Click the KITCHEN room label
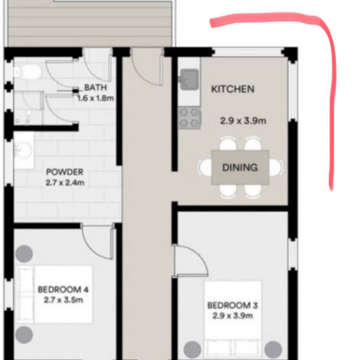point(232,89)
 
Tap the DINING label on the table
point(240,168)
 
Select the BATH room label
point(95,87)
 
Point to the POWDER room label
point(65,172)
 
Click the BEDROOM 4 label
point(63,290)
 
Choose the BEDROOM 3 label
point(232,306)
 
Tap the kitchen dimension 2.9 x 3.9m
point(243,120)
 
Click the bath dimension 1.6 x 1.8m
point(96,98)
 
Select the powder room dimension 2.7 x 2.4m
point(65,182)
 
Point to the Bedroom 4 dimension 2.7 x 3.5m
point(63,300)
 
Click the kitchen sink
point(189,79)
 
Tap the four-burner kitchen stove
point(189,118)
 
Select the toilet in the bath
point(28,72)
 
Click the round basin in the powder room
point(23,150)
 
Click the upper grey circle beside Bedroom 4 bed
point(24,254)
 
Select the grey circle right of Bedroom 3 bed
point(273,349)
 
